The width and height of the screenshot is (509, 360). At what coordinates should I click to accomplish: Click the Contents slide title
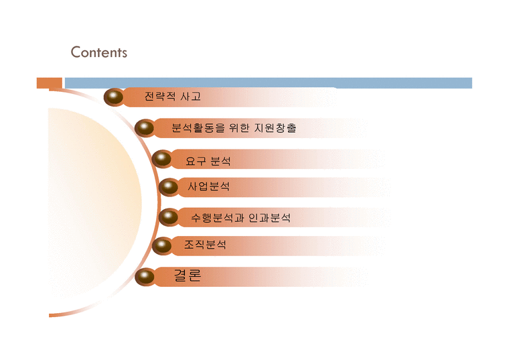click(99, 52)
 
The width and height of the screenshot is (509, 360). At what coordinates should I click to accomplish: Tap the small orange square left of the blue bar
click(50, 83)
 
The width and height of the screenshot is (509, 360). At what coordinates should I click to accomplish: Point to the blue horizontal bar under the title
click(269, 83)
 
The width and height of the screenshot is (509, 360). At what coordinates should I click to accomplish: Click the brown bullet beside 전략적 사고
click(114, 97)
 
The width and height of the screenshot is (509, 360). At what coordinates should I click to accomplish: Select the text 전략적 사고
click(173, 97)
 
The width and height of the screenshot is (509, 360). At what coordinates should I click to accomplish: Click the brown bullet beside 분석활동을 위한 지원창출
click(145, 127)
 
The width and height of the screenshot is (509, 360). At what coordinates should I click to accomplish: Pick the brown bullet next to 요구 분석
click(161, 159)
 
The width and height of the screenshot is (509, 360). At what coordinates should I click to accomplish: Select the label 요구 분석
click(208, 161)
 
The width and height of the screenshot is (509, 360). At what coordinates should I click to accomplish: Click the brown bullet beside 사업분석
click(169, 187)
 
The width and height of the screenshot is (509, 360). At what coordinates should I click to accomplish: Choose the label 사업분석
click(209, 186)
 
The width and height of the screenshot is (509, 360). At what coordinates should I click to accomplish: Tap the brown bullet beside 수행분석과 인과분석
click(169, 217)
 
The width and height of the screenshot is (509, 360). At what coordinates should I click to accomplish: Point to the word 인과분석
click(269, 218)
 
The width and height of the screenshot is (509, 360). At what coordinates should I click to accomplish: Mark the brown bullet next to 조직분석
click(161, 246)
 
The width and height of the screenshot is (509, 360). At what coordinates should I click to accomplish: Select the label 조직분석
click(205, 244)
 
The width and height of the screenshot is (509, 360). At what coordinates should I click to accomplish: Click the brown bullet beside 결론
click(145, 277)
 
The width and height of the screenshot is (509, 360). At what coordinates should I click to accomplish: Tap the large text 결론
click(188, 276)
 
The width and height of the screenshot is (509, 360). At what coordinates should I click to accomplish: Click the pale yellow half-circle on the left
click(94, 203)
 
